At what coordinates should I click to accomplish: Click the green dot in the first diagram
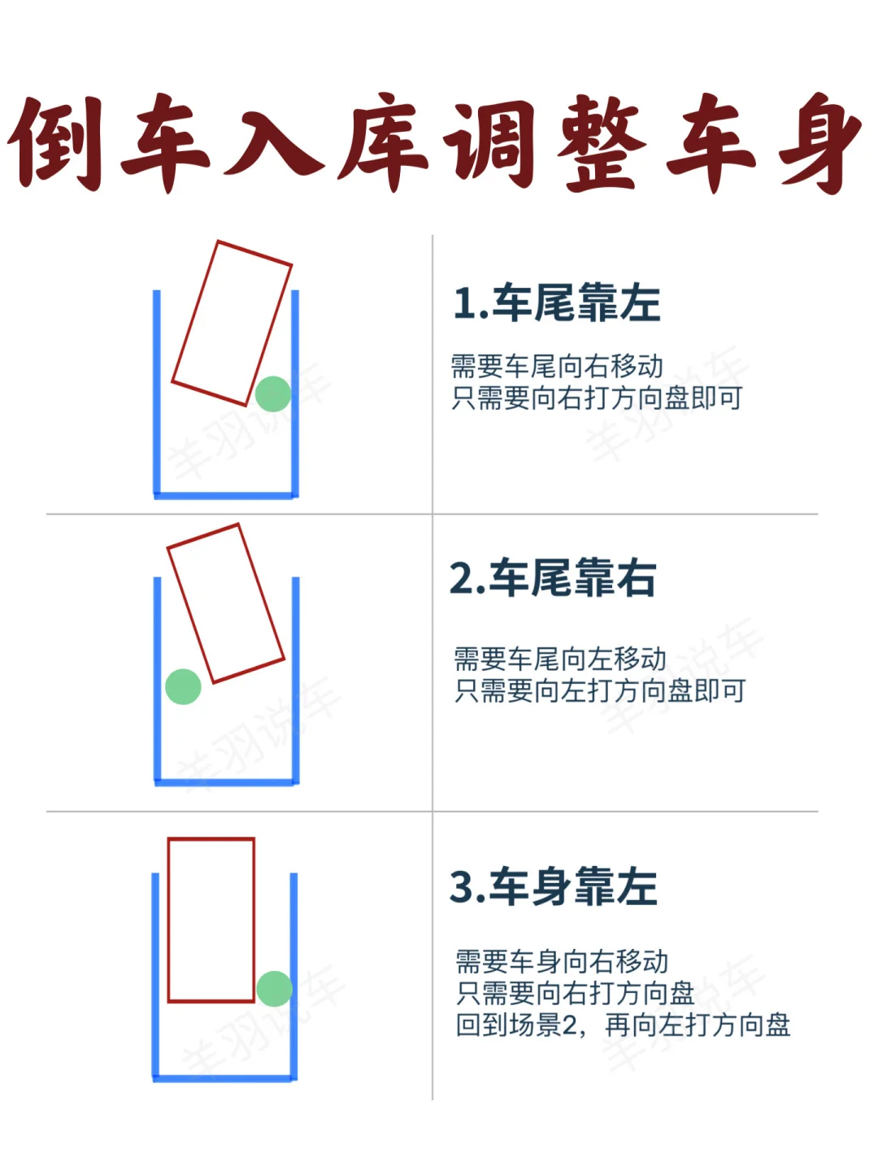point(273,394)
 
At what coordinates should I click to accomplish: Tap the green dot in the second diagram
point(183,686)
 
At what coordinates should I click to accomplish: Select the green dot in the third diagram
point(275,989)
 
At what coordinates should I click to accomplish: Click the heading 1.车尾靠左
point(557,303)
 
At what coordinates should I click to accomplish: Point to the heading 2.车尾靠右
point(553,577)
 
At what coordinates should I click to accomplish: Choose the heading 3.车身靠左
point(554,886)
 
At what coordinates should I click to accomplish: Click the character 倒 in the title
point(56,143)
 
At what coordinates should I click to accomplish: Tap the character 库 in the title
point(382,143)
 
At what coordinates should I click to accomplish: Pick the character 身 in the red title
point(820,143)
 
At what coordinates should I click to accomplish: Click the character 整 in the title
point(601,143)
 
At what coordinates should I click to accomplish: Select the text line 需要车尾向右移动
point(557,366)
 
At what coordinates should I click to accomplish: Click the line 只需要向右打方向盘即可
point(597,398)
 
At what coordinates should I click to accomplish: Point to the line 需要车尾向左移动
point(560,659)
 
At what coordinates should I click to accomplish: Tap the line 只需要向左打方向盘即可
point(600,690)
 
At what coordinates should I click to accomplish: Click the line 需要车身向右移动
point(562,961)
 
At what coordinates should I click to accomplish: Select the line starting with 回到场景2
point(623,1025)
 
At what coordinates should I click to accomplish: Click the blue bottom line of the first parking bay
point(226,495)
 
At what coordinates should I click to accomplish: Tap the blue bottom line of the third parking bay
point(224,1078)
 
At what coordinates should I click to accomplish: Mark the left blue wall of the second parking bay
point(157,681)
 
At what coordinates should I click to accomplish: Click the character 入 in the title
point(273,143)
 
